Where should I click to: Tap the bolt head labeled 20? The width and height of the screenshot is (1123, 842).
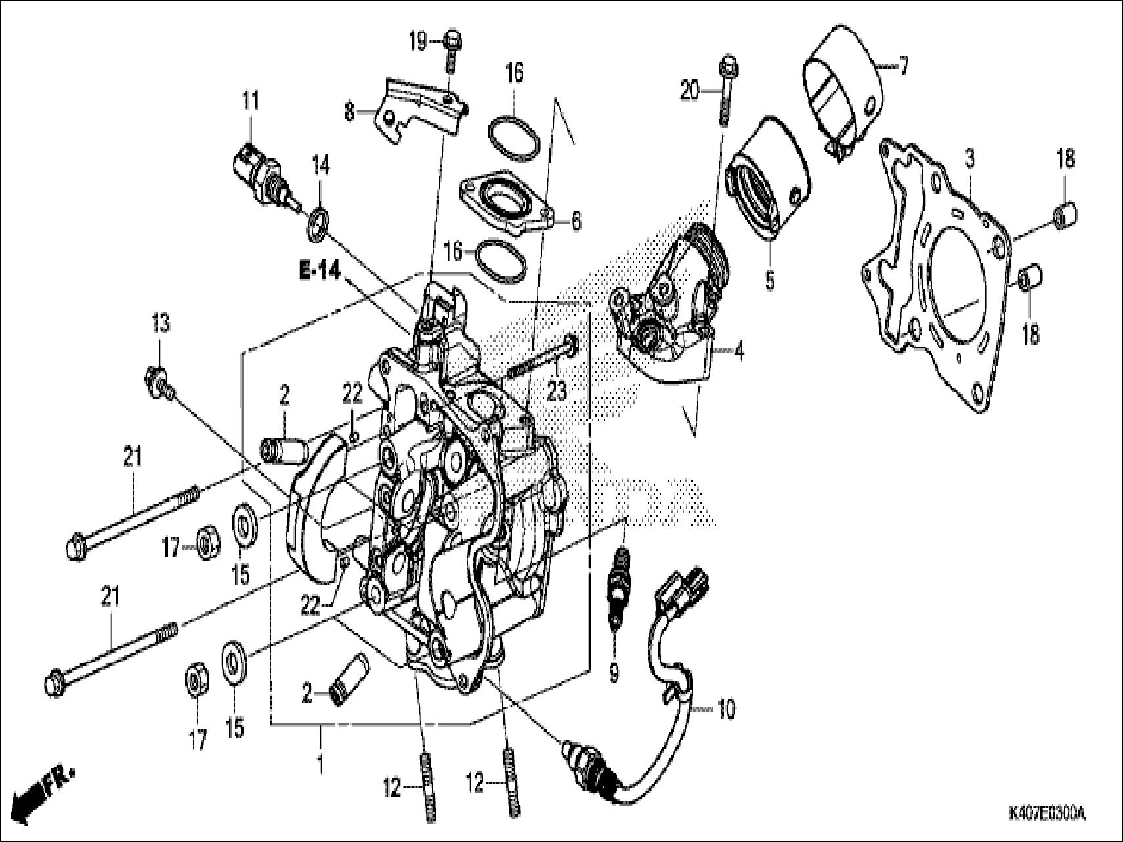[x=727, y=66]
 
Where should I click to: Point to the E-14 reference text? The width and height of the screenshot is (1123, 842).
[x=321, y=270]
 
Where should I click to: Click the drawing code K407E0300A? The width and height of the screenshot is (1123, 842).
[x=1046, y=814]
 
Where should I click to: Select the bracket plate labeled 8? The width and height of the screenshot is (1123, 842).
[x=420, y=108]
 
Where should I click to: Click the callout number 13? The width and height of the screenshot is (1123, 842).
[x=160, y=323]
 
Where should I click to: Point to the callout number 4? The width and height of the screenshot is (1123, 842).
[x=739, y=352]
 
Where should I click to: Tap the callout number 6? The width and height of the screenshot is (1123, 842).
[x=576, y=221]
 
